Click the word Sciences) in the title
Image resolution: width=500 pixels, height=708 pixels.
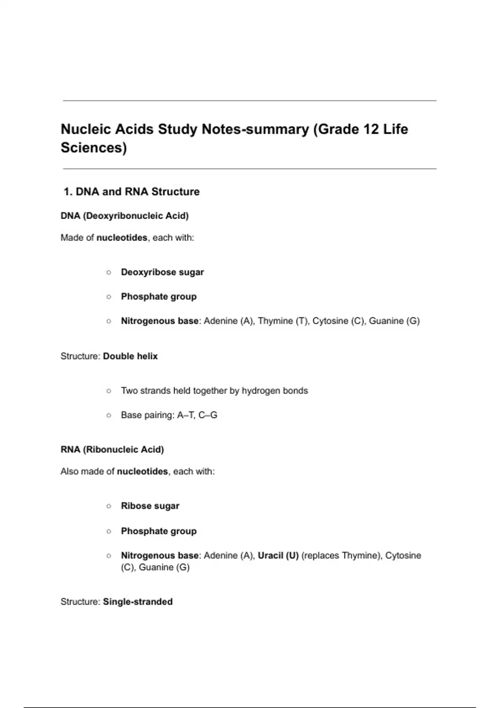94,148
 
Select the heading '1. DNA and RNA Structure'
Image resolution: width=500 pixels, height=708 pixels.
131,192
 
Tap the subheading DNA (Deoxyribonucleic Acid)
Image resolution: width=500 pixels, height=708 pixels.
125,216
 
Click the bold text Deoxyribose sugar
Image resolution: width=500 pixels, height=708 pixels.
162,272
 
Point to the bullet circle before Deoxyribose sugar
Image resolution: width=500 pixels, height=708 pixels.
109,272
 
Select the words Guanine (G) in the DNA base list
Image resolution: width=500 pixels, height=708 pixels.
394,321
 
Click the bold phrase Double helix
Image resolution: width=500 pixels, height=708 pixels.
130,356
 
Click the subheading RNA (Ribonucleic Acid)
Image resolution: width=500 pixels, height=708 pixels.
112,450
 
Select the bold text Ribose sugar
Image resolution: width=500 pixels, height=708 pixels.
150,506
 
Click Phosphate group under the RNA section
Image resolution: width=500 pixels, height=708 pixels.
159,531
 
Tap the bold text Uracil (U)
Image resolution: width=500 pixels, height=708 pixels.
278,556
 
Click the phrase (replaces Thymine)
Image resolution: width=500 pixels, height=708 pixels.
341,556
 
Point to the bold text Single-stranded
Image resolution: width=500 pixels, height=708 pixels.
137,602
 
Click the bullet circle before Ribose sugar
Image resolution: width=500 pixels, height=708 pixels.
109,506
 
